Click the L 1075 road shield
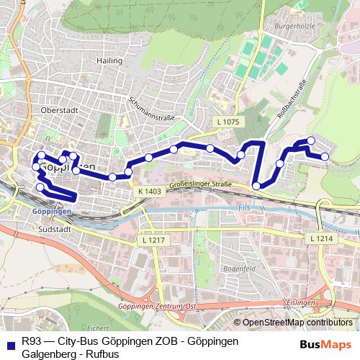coord(227,122)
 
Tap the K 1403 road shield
coord(147,192)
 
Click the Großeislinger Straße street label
coord(201,186)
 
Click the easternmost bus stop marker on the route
coord(325,156)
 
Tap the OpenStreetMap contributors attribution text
coord(297,322)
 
